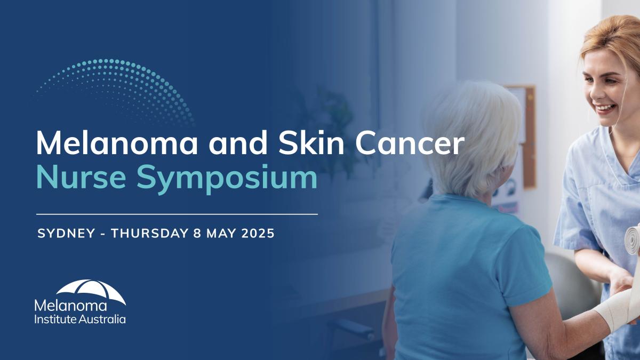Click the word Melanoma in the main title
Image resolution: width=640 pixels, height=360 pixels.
pyautogui.click(x=117, y=143)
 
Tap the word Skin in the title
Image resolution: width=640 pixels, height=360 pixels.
pyautogui.click(x=311, y=142)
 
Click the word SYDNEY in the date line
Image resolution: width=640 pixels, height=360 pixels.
pyautogui.click(x=66, y=234)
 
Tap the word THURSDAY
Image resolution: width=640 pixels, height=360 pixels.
pyautogui.click(x=149, y=234)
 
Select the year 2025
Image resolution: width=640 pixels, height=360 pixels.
pyautogui.click(x=258, y=234)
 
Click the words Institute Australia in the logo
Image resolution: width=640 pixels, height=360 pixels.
pyautogui.click(x=80, y=319)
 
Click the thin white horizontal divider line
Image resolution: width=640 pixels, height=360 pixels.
pyautogui.click(x=177, y=214)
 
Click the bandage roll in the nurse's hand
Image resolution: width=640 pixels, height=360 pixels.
pyautogui.click(x=633, y=239)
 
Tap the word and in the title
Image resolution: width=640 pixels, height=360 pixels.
pyautogui.click(x=238, y=143)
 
